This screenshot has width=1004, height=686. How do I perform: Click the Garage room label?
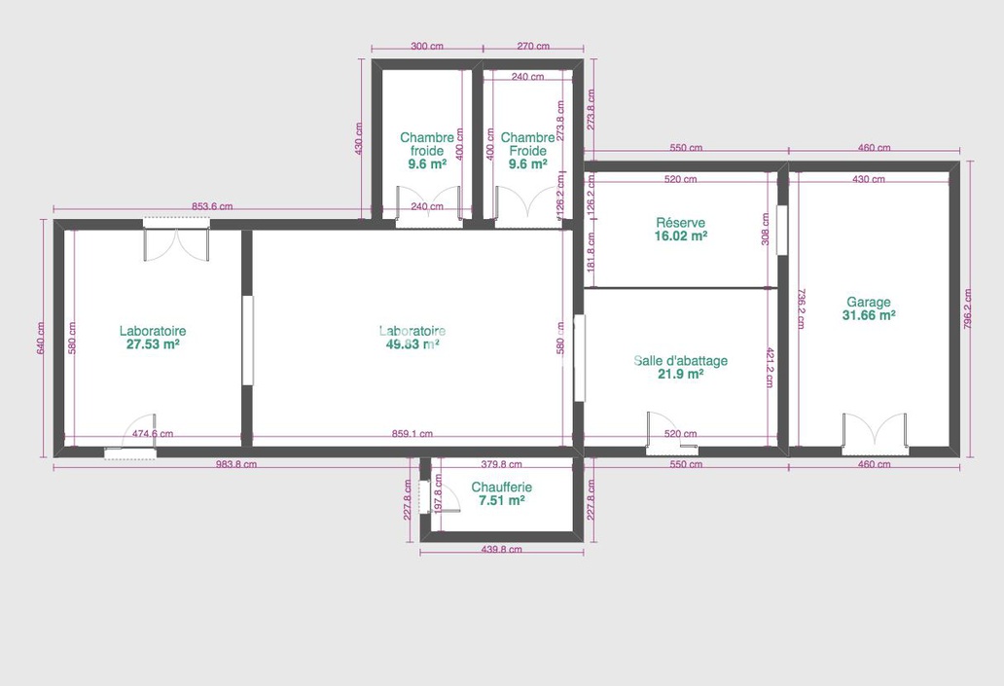point(868,302)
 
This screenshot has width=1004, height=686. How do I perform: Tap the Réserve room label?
point(680,223)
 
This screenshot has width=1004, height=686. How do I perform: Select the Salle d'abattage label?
point(680,361)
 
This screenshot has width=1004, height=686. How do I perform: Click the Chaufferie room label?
point(501,487)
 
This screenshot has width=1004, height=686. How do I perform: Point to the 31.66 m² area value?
point(869,315)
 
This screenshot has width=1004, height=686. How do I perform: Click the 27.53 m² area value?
point(153,344)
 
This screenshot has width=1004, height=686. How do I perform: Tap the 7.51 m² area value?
point(501,500)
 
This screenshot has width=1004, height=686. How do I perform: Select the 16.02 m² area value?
point(680,235)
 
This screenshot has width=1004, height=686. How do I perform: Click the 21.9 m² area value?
point(680,375)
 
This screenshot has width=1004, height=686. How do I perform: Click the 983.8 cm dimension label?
point(236,465)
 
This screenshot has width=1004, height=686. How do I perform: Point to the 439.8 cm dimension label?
point(501,550)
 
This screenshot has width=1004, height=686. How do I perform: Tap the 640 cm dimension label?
point(41,338)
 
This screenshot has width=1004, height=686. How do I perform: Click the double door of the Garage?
point(875,434)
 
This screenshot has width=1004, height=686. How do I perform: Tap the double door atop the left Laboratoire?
point(176,241)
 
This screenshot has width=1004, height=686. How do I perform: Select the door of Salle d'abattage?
point(671,434)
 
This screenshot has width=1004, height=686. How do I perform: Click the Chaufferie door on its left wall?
point(426,496)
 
